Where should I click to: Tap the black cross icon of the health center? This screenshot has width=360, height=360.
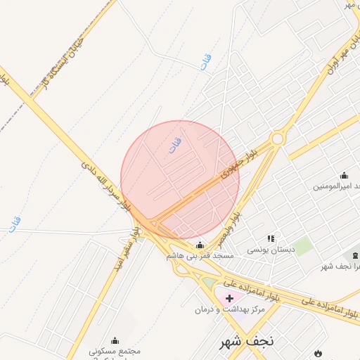(229, 299)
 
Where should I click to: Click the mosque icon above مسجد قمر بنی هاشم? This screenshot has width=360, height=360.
(200, 245)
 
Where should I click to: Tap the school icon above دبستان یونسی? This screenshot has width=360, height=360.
(271, 239)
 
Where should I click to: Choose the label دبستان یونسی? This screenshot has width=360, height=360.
(268, 250)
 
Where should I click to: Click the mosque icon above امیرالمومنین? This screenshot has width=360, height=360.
(344, 176)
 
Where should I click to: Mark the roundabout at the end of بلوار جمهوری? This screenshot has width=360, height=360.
(278, 139)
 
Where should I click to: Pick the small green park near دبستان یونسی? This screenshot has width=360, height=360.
(303, 246)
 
